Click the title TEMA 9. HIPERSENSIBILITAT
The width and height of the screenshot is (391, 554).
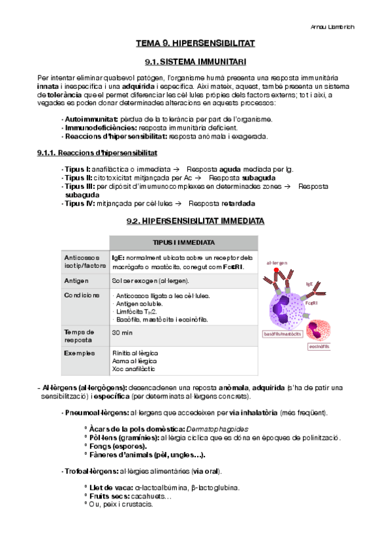pos(195,44)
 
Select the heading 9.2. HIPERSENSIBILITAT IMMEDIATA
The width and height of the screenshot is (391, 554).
pos(195,221)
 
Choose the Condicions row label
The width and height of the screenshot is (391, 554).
pos(82,295)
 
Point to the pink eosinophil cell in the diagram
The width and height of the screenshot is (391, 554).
pos(319,330)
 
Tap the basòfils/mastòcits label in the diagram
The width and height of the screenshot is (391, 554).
pos(283,334)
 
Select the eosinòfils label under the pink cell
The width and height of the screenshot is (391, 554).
pos(320,347)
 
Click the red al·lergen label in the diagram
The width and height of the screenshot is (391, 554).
pos(277,262)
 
